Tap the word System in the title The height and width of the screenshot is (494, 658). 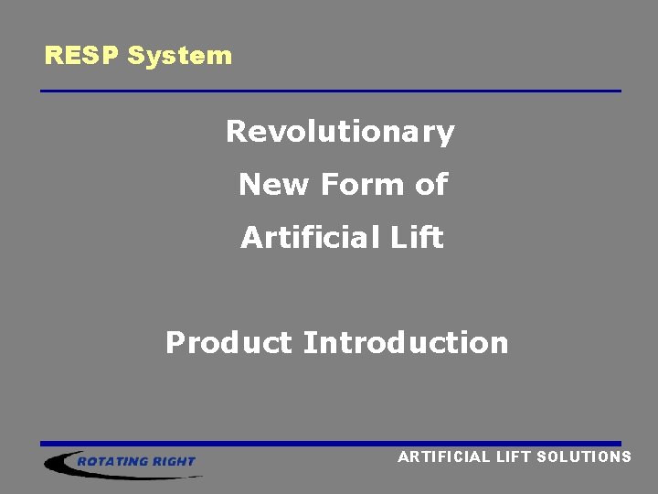[x=180, y=56]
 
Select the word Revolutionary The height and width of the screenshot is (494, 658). [x=340, y=133]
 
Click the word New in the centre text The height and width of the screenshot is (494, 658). [x=274, y=185]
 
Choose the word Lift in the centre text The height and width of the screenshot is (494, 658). [x=419, y=238]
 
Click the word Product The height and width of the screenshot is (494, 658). [x=228, y=343]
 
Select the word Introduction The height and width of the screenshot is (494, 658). [x=406, y=343]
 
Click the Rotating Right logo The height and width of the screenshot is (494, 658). [x=123, y=462]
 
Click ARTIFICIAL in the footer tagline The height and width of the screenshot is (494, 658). [x=444, y=456]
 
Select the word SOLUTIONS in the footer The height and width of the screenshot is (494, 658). [x=585, y=456]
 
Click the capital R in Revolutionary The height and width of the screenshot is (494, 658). [x=236, y=133]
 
